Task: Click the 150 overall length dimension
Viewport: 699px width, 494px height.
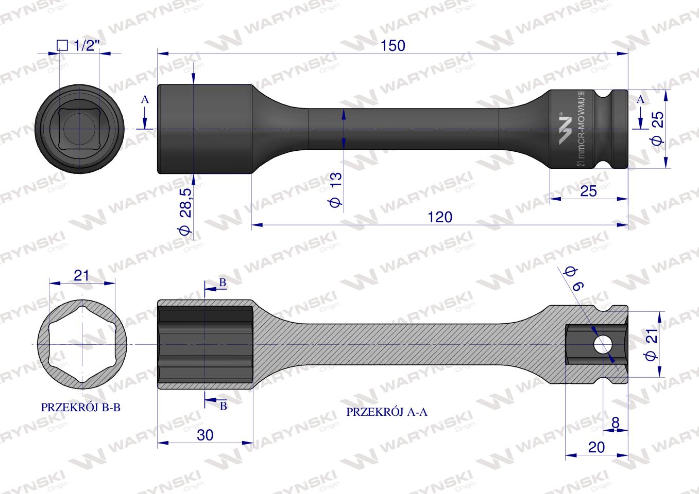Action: pos(393,45)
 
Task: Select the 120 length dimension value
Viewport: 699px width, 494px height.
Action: pos(439,217)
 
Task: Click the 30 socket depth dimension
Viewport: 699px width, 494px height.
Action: pos(205,435)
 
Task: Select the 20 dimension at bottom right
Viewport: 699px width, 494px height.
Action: pos(596,447)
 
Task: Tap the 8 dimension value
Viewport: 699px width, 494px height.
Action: pos(615,422)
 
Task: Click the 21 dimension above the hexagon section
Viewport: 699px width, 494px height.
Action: pos(81,275)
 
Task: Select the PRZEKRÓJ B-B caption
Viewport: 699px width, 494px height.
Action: pos(81,408)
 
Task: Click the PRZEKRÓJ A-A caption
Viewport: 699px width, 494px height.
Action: pos(387,412)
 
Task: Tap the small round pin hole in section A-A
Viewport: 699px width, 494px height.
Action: pos(601,344)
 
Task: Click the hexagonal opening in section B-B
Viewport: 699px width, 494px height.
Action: pos(81,344)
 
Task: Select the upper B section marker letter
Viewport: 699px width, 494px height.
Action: pos(223,283)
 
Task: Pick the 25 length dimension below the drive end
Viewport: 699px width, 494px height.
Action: pos(588,191)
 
